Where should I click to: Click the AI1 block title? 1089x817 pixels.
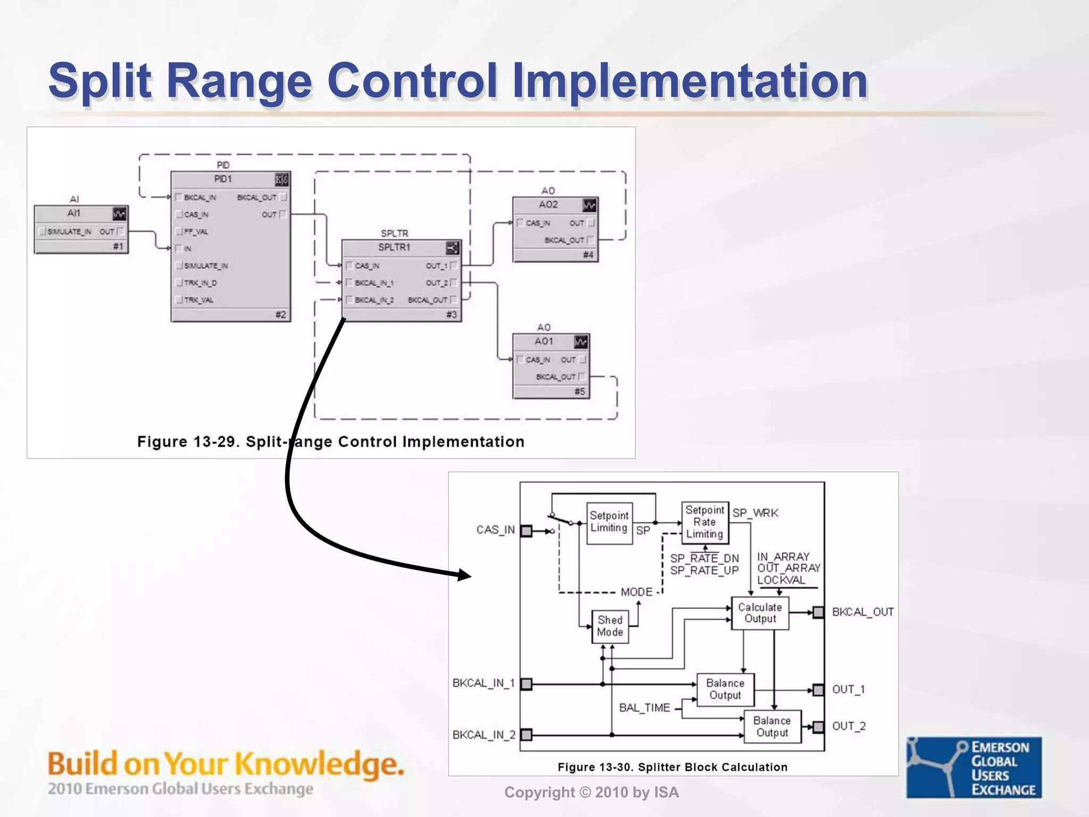coord(74,213)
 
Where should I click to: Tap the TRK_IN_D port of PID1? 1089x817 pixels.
coord(199,283)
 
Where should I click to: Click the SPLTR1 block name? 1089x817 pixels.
coord(394,247)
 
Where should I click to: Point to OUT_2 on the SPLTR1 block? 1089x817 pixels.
coord(437,283)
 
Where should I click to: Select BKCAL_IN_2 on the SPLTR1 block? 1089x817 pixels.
coord(374,300)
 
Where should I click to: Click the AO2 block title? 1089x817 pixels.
coord(548,205)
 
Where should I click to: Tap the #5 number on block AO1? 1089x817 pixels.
coord(580,392)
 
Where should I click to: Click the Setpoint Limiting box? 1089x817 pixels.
coord(609,522)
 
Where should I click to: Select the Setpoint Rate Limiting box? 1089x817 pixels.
coord(705,522)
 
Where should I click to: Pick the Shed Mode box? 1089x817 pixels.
coord(610,626)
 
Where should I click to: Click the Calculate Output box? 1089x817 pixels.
coord(760,613)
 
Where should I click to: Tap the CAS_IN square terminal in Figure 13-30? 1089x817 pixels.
coord(526,531)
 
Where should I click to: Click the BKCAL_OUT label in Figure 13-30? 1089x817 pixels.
coord(862,612)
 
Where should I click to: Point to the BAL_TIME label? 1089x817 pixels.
coord(644,708)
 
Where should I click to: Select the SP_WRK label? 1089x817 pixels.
coord(755,513)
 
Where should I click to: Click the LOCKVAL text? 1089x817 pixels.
coord(781,580)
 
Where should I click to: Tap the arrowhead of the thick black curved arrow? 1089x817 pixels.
coord(465,575)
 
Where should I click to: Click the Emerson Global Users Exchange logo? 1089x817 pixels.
coord(974,767)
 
